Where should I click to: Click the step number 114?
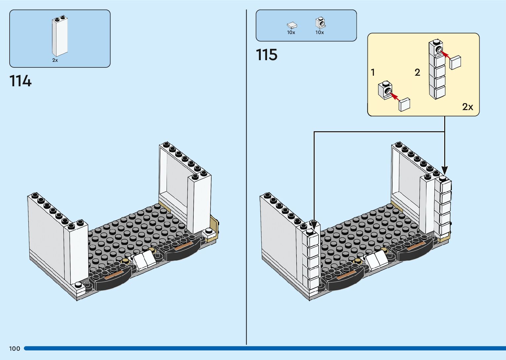(x=20, y=81)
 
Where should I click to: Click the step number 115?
(x=266, y=55)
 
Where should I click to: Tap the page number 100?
(x=15, y=348)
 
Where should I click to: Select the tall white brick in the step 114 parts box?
(x=59, y=36)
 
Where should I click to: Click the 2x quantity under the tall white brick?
(x=55, y=60)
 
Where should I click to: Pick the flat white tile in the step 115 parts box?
(x=292, y=25)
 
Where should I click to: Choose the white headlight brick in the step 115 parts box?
(x=320, y=23)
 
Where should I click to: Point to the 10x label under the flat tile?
(x=291, y=32)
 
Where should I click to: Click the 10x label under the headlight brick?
(x=320, y=32)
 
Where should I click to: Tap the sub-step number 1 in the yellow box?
(x=373, y=72)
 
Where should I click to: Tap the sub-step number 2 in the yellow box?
(x=417, y=72)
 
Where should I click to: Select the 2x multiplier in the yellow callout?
(x=467, y=107)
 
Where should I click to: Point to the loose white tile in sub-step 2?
(x=455, y=62)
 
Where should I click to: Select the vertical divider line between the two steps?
(x=246, y=179)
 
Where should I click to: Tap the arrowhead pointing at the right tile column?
(x=445, y=171)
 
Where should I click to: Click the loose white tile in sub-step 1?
(x=405, y=104)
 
